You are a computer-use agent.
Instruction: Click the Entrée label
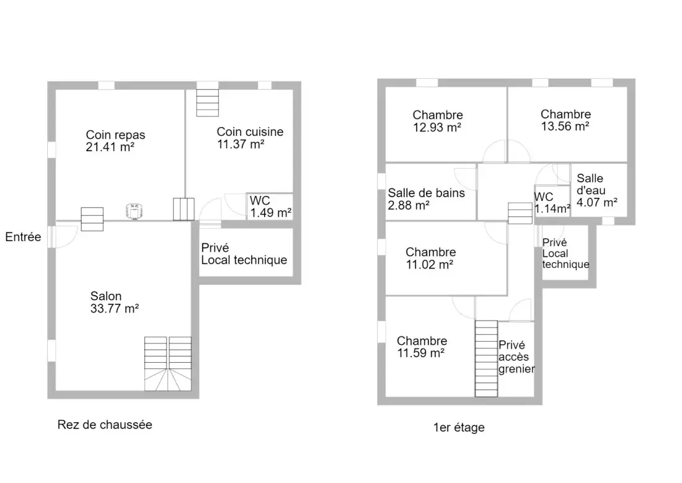click(x=23, y=237)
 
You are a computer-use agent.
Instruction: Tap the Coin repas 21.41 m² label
click(x=115, y=141)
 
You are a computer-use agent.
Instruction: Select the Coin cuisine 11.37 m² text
click(x=250, y=138)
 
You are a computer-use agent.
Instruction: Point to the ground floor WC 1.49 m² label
click(x=270, y=206)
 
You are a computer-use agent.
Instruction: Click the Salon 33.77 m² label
click(x=115, y=303)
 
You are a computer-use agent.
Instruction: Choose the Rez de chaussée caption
click(x=105, y=425)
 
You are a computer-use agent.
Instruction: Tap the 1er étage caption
click(x=459, y=427)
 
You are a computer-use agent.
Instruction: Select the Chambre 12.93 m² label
click(x=438, y=121)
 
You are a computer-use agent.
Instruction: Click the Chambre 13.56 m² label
click(x=565, y=120)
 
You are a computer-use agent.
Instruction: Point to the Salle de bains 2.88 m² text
click(x=427, y=199)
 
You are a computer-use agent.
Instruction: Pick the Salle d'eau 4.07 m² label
click(x=596, y=190)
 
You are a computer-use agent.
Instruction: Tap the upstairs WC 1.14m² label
click(x=552, y=203)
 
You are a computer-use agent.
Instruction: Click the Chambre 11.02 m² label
click(x=431, y=258)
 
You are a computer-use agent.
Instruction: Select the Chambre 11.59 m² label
click(x=422, y=347)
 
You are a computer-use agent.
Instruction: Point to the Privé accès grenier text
click(x=516, y=357)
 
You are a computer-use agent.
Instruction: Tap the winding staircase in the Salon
click(x=168, y=364)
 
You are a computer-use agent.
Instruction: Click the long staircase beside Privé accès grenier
click(x=486, y=359)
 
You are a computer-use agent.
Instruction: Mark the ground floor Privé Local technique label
click(x=244, y=254)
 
